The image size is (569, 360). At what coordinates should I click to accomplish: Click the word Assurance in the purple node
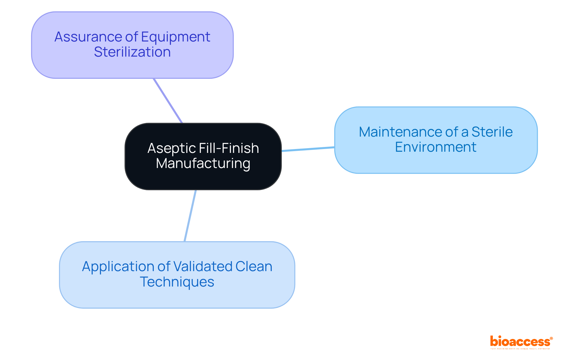point(88,37)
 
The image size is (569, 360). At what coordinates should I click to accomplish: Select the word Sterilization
point(132,52)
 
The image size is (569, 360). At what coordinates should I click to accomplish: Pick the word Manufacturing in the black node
point(203,164)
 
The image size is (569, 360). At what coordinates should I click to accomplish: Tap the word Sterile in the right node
point(492,132)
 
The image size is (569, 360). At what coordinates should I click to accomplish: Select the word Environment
point(436,147)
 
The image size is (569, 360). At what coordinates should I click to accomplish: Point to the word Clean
point(254,267)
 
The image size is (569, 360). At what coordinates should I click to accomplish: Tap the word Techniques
point(177,282)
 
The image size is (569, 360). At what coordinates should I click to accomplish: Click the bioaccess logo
point(520,341)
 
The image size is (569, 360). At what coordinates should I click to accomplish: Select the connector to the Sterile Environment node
point(308,149)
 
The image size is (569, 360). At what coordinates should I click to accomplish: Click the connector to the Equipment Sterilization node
point(168,101)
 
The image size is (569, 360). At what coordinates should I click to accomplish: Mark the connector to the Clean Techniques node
point(190,216)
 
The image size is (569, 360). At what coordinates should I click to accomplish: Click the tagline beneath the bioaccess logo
point(520,349)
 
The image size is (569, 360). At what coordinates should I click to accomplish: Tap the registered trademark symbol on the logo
point(551,338)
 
